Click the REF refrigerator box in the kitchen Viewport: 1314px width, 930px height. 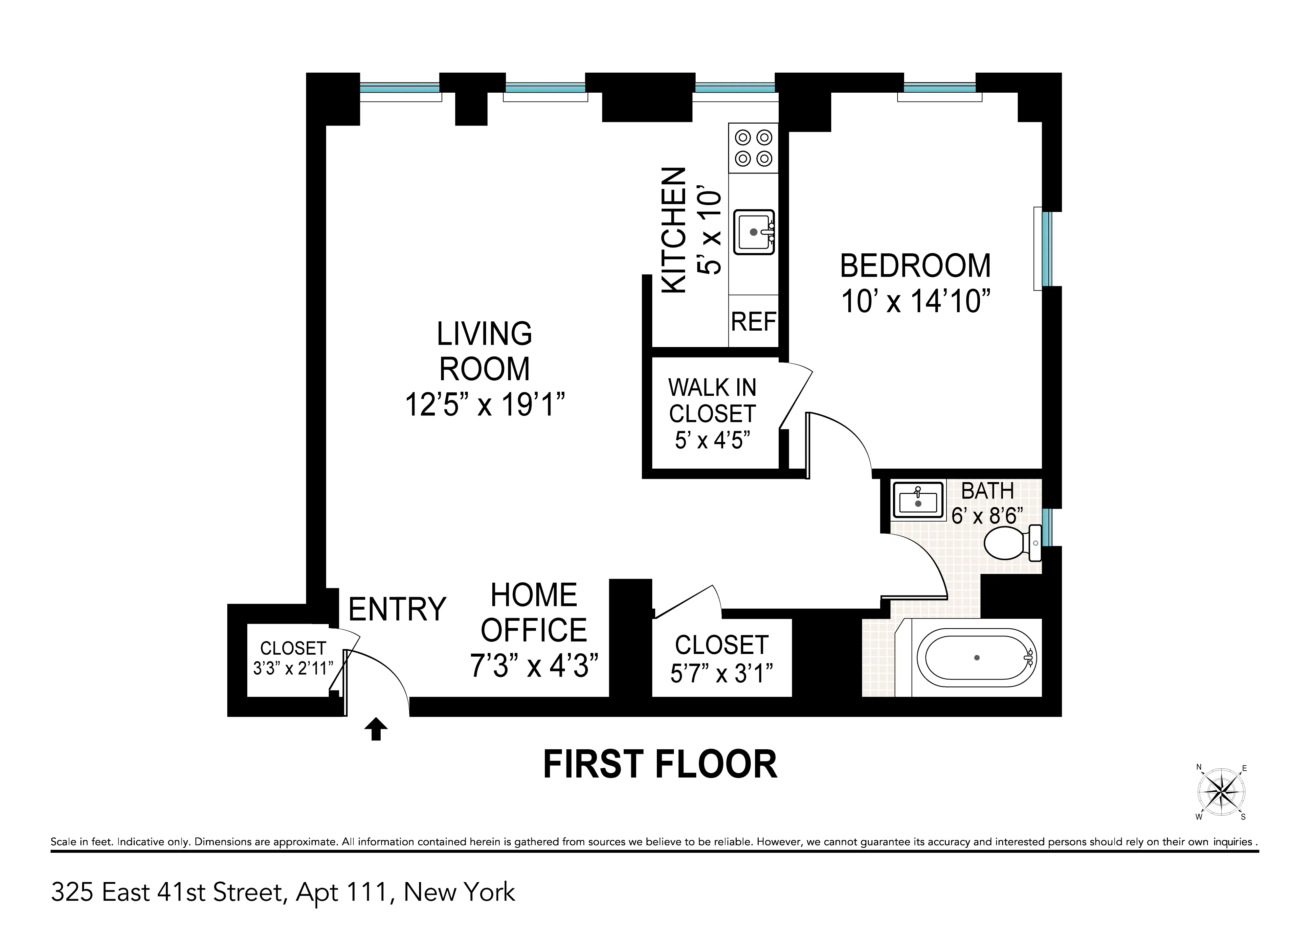[x=753, y=321]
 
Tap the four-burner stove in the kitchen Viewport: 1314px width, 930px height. [x=753, y=148]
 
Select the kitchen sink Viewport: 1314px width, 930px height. [x=754, y=232]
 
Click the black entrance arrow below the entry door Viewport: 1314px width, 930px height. [x=376, y=729]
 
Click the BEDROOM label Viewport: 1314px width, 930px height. [x=915, y=266]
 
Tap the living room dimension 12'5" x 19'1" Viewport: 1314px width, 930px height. [x=485, y=404]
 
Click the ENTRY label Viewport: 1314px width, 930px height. [x=397, y=609]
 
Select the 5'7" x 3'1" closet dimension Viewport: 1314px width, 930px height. [x=721, y=674]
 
